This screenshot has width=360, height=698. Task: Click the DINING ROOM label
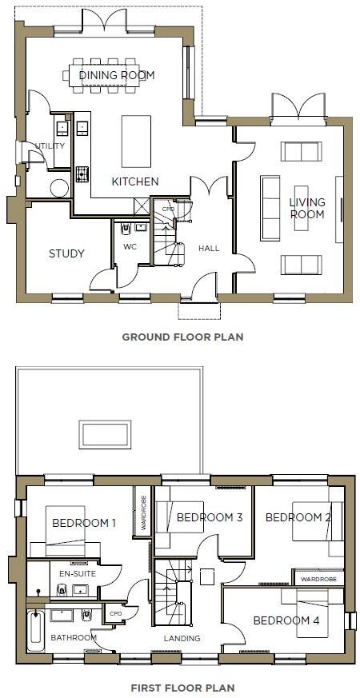pyautogui.click(x=117, y=75)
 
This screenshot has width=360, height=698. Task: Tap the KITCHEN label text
pyautogui.click(x=134, y=181)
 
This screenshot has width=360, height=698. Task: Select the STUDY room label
pyautogui.click(x=66, y=253)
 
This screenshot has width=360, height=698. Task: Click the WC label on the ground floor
pyautogui.click(x=130, y=246)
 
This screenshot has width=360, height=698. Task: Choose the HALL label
pyautogui.click(x=209, y=249)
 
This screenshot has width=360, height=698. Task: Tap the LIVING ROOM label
pyautogui.click(x=307, y=209)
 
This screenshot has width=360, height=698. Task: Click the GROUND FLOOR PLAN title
pyautogui.click(x=182, y=337)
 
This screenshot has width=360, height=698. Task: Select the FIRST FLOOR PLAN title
pyautogui.click(x=182, y=687)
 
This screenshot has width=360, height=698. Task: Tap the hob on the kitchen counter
pyautogui.click(x=82, y=174)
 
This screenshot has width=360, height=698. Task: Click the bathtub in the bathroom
pyautogui.click(x=35, y=632)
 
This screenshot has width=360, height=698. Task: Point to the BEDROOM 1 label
pyautogui.click(x=84, y=523)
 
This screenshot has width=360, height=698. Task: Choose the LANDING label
pyautogui.click(x=182, y=638)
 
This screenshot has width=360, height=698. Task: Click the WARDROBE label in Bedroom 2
pyautogui.click(x=318, y=577)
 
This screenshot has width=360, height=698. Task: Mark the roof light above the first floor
pyautogui.click(x=105, y=434)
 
